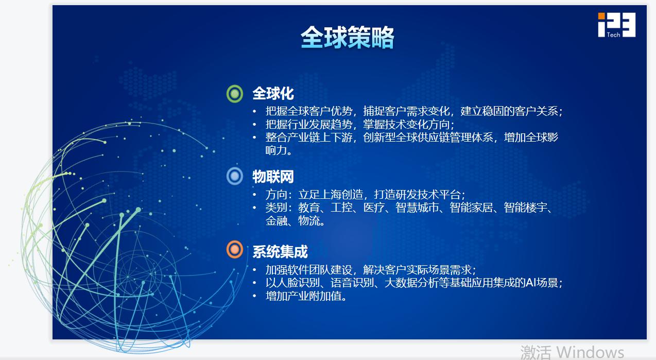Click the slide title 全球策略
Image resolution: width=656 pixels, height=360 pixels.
pyautogui.click(x=348, y=37)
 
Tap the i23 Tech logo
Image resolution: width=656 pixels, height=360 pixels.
pyautogui.click(x=616, y=25)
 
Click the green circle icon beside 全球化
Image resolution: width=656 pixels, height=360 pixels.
pyautogui.click(x=235, y=94)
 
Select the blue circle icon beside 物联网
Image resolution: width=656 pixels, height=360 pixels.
pyautogui.click(x=235, y=176)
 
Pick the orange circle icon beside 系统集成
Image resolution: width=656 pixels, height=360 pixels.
pyautogui.click(x=235, y=249)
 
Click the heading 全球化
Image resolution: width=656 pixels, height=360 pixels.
pyautogui.click(x=273, y=94)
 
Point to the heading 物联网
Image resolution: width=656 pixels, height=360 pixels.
pyautogui.click(x=273, y=177)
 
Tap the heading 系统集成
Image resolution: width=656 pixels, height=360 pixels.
pyautogui.click(x=280, y=252)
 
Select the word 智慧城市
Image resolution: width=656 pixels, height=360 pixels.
pyautogui.click(x=417, y=208)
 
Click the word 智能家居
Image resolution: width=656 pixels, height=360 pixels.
pyautogui.click(x=471, y=208)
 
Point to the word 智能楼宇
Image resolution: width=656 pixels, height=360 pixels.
pyautogui.click(x=525, y=208)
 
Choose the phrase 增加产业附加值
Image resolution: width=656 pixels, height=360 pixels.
pyautogui.click(x=303, y=296)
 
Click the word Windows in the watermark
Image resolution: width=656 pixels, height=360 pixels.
pyautogui.click(x=590, y=352)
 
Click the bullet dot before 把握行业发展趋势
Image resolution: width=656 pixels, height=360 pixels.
pyautogui.click(x=254, y=125)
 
